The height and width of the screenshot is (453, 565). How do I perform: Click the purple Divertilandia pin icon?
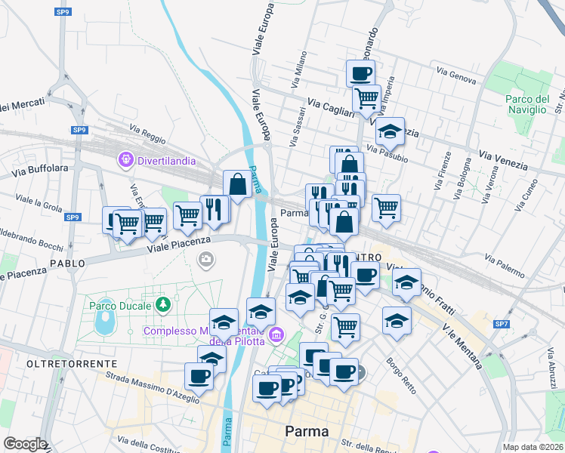click(125, 160)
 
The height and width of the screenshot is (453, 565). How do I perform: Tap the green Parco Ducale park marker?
click(162, 305)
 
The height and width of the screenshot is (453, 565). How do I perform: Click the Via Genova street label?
click(456, 72)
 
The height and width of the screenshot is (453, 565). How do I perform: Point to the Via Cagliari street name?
click(330, 106)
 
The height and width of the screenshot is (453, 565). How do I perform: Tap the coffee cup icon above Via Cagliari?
click(360, 74)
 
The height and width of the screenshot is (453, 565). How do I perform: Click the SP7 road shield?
click(502, 324)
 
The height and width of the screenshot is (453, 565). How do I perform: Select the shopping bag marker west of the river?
click(237, 183)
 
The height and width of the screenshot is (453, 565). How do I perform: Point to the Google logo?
click(25, 444)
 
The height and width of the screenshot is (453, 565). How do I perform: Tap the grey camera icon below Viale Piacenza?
click(205, 260)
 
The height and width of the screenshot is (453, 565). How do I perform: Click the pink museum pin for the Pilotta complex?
click(276, 334)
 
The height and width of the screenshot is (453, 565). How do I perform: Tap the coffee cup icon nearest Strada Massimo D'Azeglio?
click(199, 376)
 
